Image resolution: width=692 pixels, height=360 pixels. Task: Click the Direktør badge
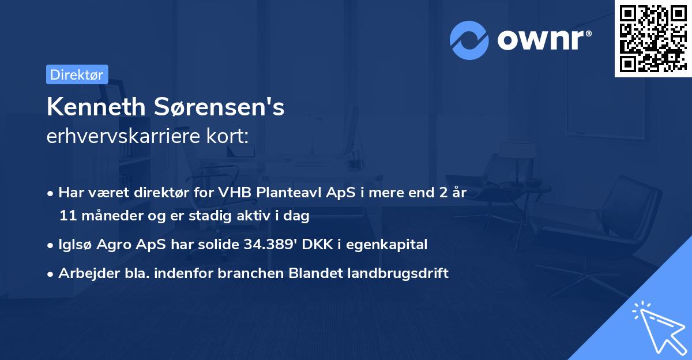point(77,74)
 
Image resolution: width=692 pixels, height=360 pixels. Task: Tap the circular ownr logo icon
point(469,40)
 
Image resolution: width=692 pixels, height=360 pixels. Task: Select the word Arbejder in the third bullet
point(84,273)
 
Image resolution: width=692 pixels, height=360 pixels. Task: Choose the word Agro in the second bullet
point(113,245)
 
